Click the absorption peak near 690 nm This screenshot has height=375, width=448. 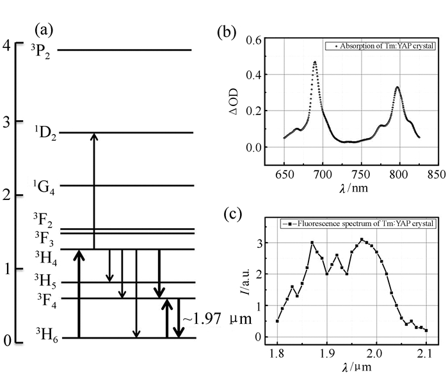(315, 62)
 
